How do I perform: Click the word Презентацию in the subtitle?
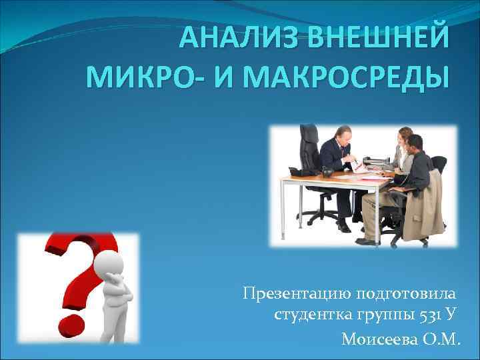tap(297, 294)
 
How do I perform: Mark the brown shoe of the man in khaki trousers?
tap(366, 241)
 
